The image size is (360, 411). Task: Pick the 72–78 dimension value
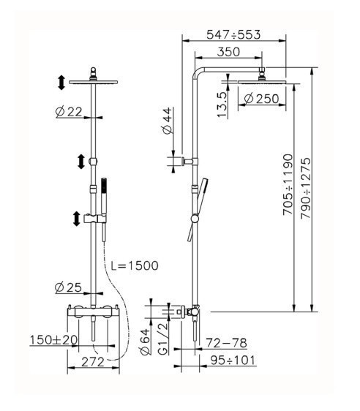225,342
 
